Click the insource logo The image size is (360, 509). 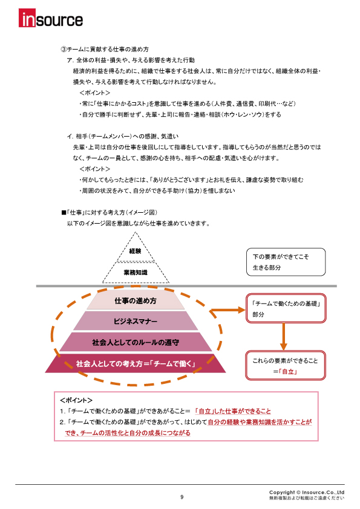coord(51,18)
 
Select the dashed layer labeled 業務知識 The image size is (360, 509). coord(136,273)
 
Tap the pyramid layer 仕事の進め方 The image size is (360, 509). coord(136,300)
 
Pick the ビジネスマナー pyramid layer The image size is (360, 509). coord(136,322)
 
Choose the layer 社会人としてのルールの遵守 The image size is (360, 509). coord(136,342)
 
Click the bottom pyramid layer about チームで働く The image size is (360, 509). coord(136,363)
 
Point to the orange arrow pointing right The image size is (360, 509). coord(227,310)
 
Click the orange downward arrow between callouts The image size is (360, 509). coord(284,336)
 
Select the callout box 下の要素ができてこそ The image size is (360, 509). coord(286,262)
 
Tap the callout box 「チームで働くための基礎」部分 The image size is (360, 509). coord(286,308)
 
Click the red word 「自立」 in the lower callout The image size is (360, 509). coord(288,371)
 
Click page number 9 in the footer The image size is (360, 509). coord(182,497)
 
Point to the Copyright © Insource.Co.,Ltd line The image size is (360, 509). coord(306,492)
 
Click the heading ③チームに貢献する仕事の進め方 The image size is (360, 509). coord(105,50)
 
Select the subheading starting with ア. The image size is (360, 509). coord(131,60)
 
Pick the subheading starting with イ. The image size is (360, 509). coord(122,137)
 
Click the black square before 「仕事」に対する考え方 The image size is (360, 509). coord(64,213)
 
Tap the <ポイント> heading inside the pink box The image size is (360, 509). coord(76,400)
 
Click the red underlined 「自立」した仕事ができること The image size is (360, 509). coord(232,411)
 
